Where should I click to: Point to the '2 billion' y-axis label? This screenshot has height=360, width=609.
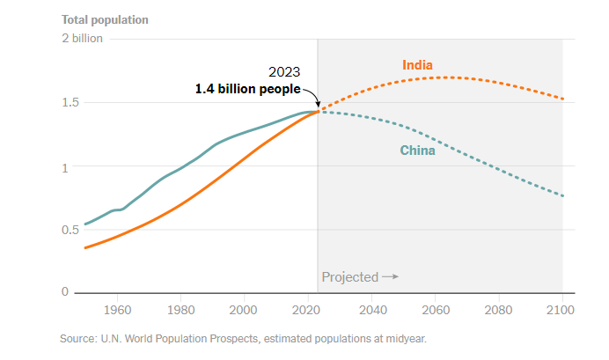[82, 39]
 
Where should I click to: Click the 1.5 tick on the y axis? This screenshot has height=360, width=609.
[70, 102]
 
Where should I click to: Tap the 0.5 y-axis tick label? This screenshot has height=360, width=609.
[70, 229]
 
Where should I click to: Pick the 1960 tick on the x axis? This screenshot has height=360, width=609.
[117, 310]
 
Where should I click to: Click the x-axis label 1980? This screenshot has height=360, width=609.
[180, 310]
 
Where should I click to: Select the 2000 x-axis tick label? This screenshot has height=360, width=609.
[244, 310]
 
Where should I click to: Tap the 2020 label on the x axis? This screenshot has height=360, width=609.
[308, 310]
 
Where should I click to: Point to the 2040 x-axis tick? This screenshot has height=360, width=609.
[371, 310]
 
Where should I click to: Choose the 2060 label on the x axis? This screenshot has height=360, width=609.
[435, 310]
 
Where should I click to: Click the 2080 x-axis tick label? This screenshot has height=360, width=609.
[498, 310]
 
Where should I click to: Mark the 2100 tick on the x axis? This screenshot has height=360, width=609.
[561, 310]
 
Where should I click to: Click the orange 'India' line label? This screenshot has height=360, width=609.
[417, 65]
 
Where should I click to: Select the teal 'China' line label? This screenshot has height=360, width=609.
[418, 151]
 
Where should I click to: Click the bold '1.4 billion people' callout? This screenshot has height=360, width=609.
[247, 89]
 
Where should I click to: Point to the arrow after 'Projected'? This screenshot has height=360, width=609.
[390, 277]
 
